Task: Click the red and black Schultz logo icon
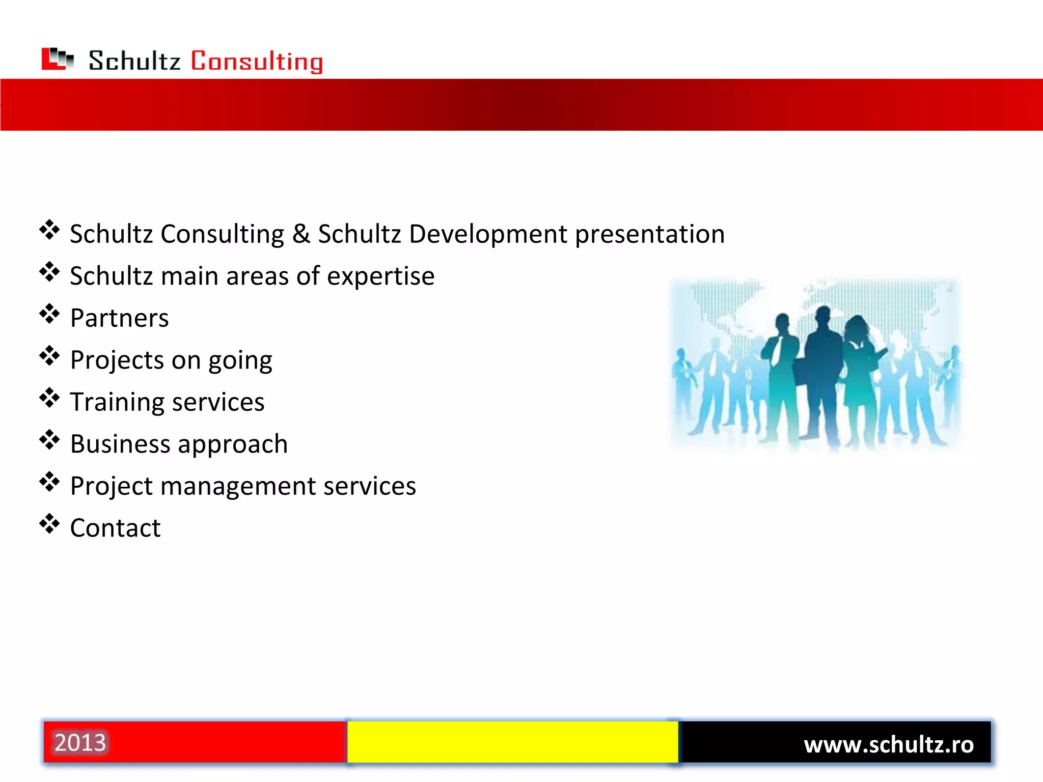pyautogui.click(x=57, y=59)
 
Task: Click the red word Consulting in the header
pyautogui.click(x=257, y=62)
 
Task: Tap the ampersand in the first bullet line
pyautogui.click(x=301, y=234)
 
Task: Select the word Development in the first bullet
pyautogui.click(x=487, y=234)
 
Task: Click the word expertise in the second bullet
pyautogui.click(x=380, y=277)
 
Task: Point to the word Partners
pyautogui.click(x=119, y=319)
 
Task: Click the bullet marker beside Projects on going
pyautogui.click(x=49, y=356)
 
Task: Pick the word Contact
pyautogui.click(x=115, y=528)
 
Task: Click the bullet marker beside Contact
pyautogui.click(x=49, y=524)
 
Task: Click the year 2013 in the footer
pyautogui.click(x=80, y=743)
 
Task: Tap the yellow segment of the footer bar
pyautogui.click(x=512, y=742)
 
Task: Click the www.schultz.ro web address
pyautogui.click(x=888, y=745)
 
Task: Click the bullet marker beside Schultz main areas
pyautogui.click(x=49, y=272)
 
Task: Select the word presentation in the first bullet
pyautogui.click(x=649, y=234)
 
